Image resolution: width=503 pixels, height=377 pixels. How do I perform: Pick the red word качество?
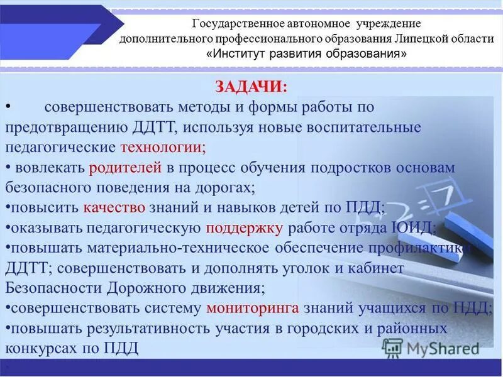click(114, 207)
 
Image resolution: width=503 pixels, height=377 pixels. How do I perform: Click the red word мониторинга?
click(253, 308)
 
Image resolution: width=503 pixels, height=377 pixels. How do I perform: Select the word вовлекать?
click(50, 168)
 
